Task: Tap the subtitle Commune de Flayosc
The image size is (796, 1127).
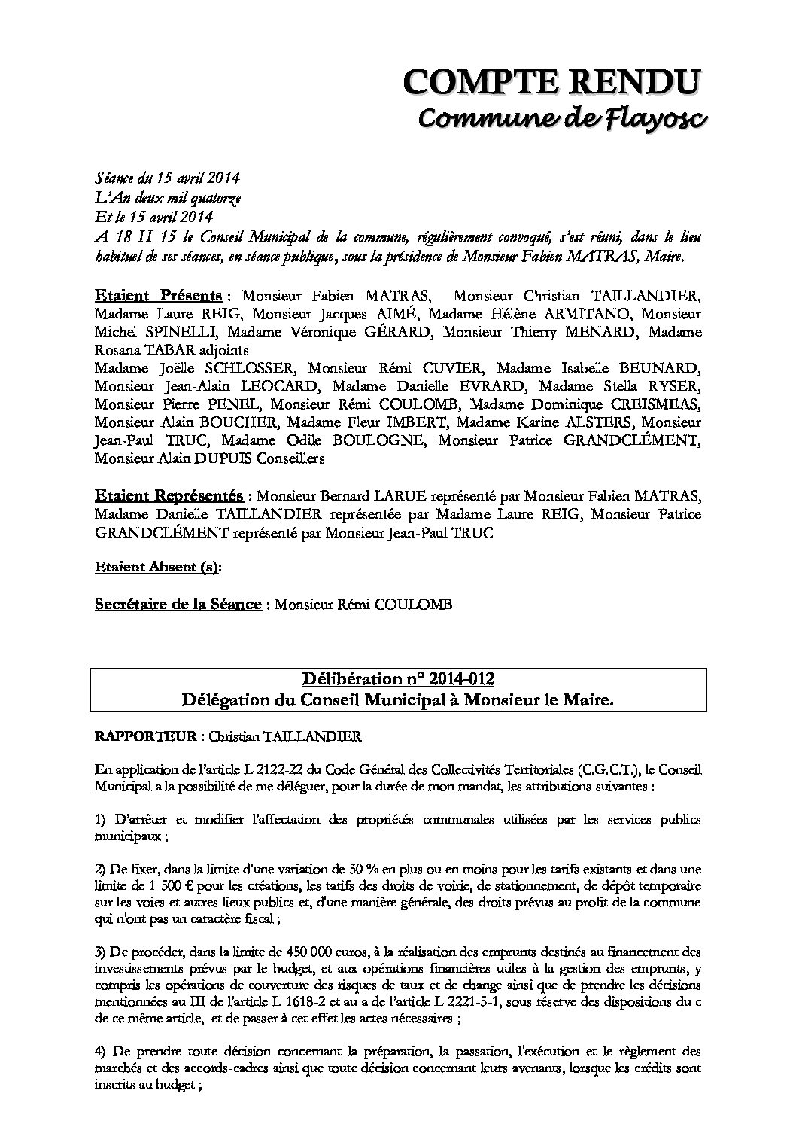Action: (x=563, y=118)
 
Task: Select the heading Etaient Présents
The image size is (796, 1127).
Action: (x=158, y=294)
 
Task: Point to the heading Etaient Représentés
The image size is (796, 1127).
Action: (x=169, y=496)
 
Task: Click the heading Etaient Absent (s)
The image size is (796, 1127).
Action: (x=158, y=568)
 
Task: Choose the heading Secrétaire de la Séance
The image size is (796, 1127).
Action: (x=178, y=605)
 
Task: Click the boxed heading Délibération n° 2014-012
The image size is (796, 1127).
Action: (x=398, y=680)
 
